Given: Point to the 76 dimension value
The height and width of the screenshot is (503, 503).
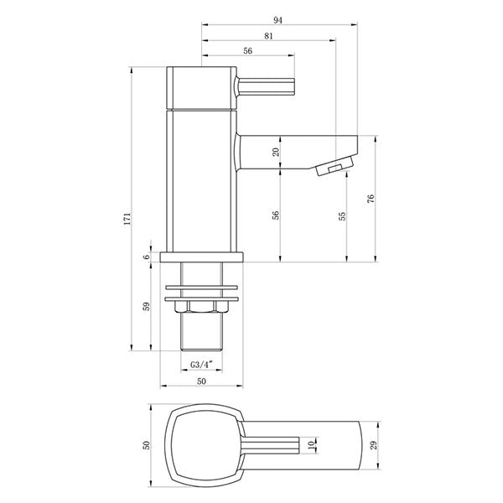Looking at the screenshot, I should click(x=370, y=200).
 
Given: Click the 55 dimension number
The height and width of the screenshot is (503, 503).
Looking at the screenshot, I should click(x=342, y=215).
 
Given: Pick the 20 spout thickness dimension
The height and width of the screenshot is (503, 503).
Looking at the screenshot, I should click(x=275, y=152).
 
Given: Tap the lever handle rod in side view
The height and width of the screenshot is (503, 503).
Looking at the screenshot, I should click(x=267, y=86).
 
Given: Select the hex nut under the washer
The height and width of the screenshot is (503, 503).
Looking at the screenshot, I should click(x=201, y=308).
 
